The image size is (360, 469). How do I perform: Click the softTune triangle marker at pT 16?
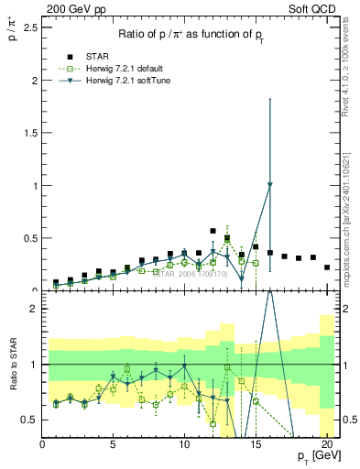(269, 185)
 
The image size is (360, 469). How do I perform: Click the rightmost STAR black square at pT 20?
(327, 267)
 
